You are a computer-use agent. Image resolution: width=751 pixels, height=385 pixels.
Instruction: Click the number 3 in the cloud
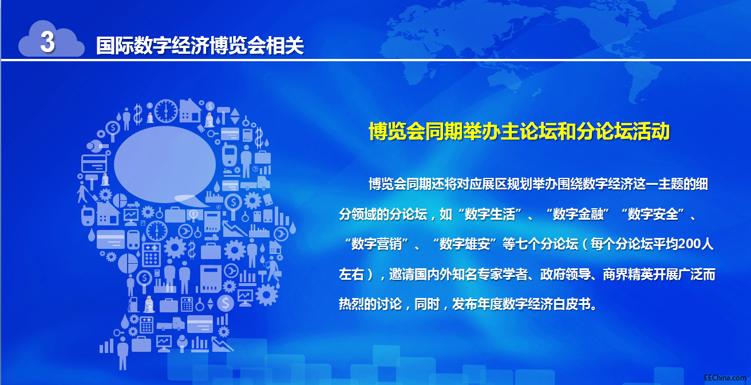(48, 42)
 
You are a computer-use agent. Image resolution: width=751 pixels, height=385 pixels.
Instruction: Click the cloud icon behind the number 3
(52, 39)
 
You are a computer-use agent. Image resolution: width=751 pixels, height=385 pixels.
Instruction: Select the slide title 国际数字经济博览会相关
(200, 45)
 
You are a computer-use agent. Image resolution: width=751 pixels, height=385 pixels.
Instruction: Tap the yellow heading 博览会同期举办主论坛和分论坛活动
(519, 131)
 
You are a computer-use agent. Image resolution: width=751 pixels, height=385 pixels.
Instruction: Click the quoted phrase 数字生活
(489, 214)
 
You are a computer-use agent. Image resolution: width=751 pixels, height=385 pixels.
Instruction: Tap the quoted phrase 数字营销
(376, 244)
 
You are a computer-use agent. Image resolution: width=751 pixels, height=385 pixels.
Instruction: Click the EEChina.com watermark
(725, 378)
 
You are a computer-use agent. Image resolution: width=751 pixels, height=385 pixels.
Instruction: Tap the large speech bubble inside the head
(165, 165)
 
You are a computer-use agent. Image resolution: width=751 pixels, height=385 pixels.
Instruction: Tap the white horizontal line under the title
(376, 60)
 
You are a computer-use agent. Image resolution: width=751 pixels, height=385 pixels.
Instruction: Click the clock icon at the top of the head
(165, 111)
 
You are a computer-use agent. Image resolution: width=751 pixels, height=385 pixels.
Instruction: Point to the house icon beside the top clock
(191, 110)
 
